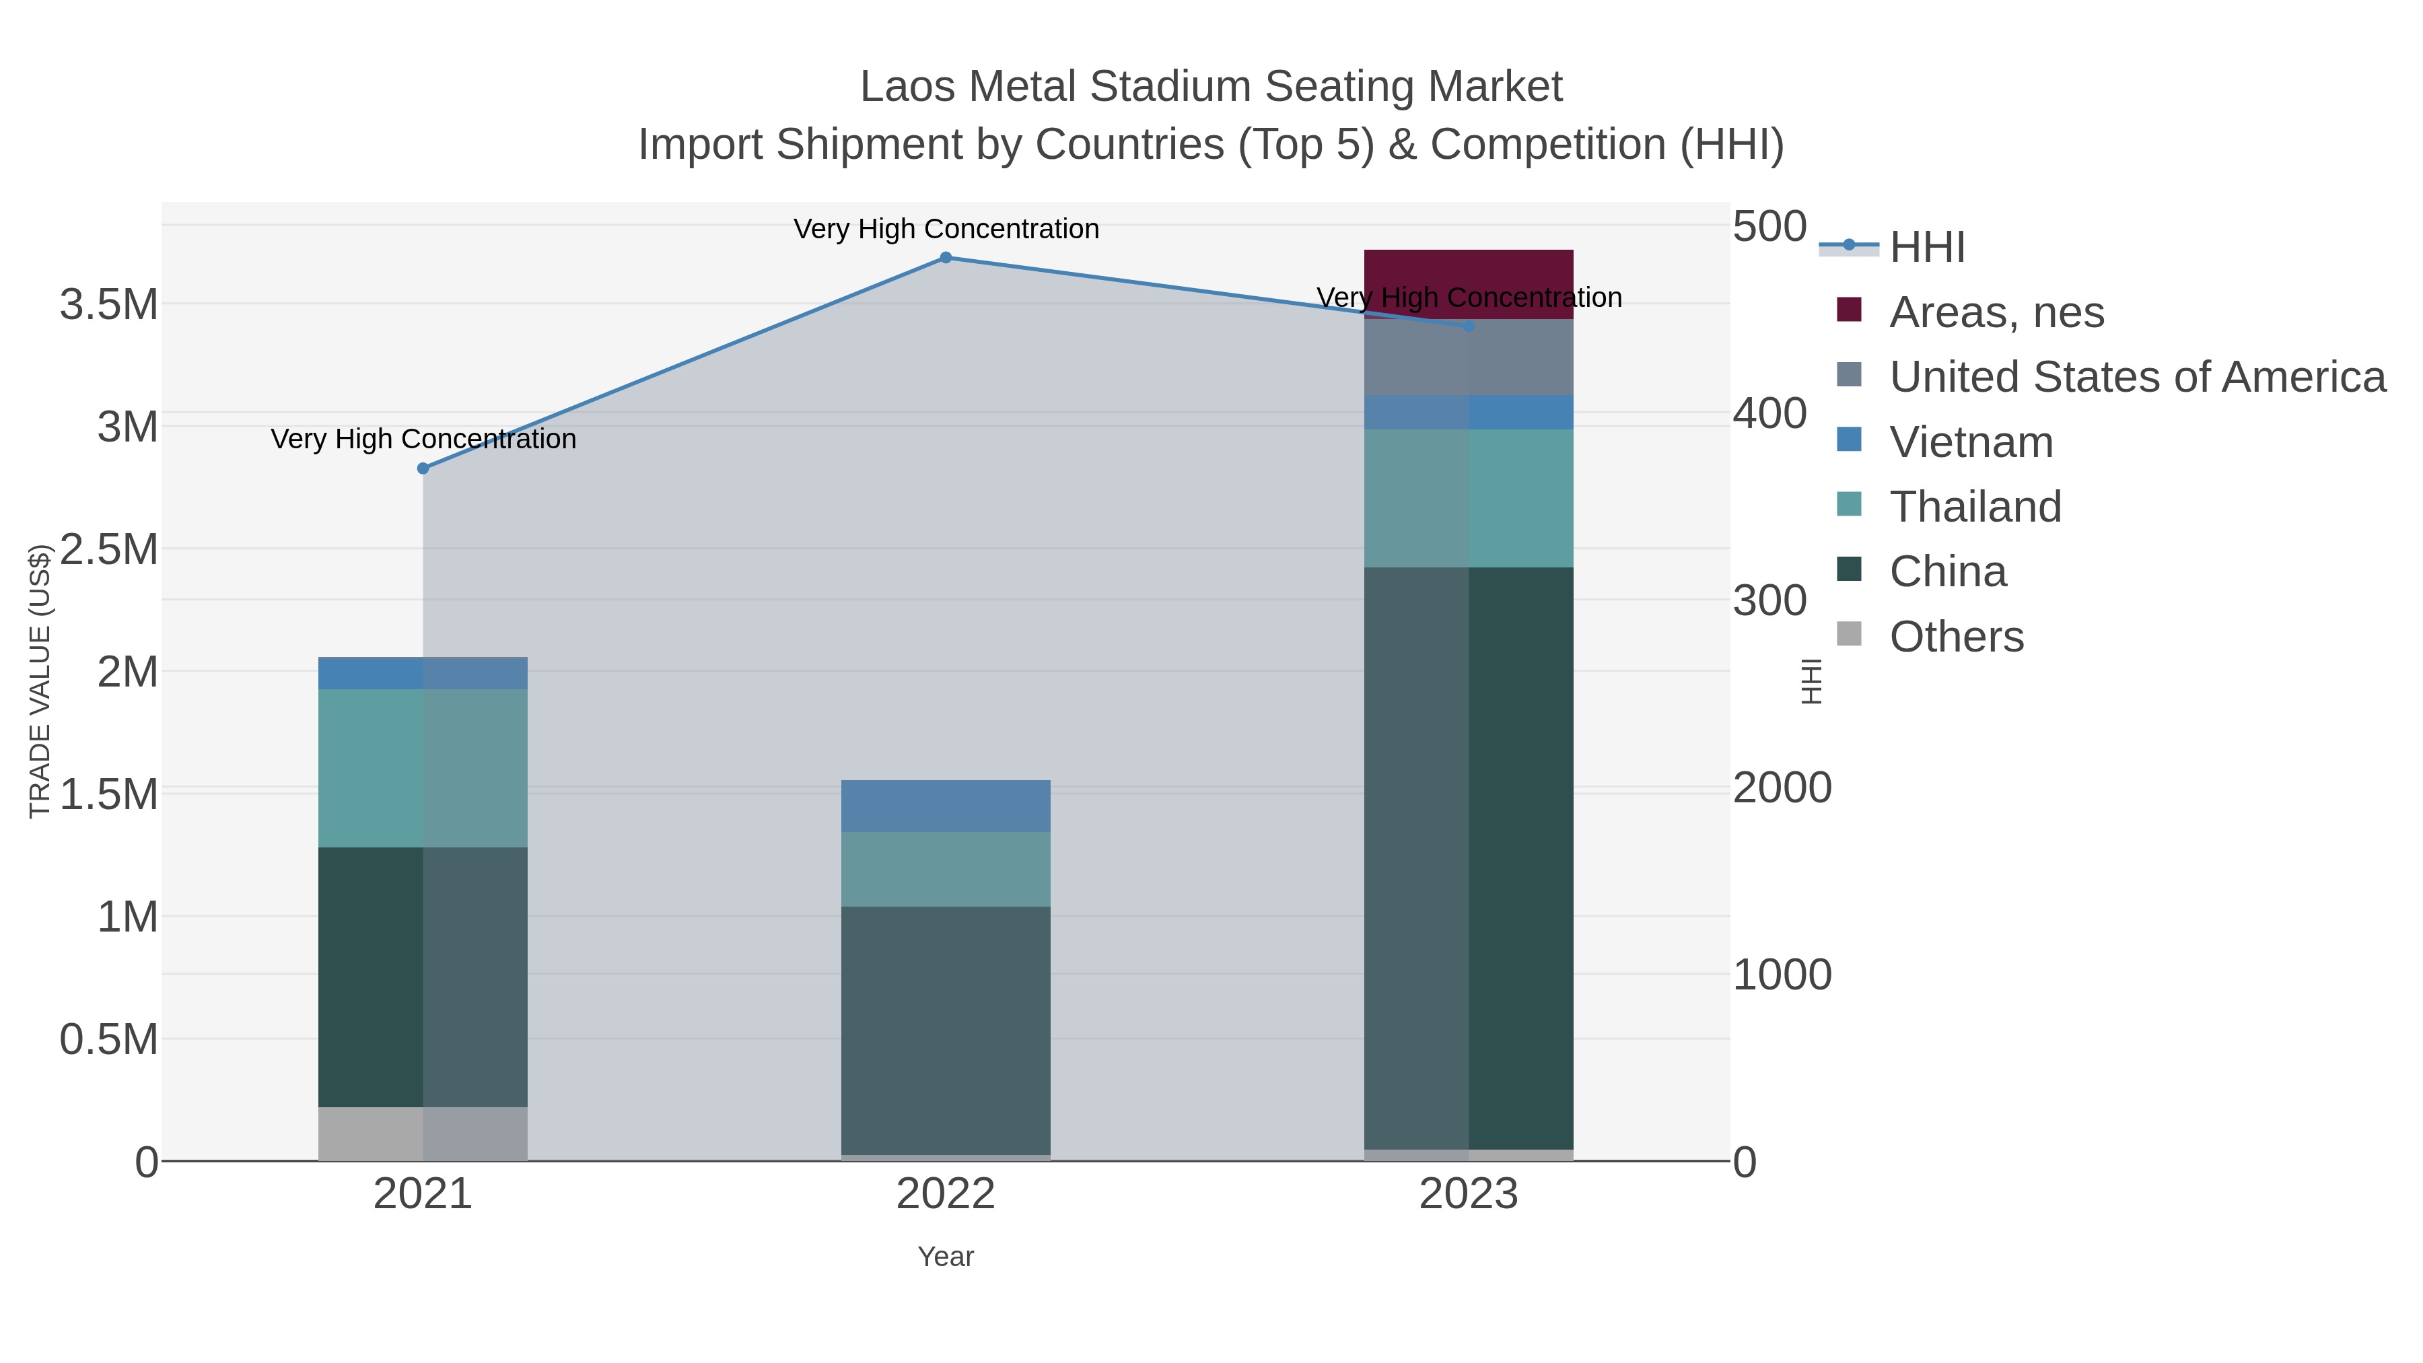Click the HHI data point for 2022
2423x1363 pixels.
tap(946, 258)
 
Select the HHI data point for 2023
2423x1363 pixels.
tap(1469, 326)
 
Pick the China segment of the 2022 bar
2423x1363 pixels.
tap(946, 1030)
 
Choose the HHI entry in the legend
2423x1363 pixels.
tap(1926, 248)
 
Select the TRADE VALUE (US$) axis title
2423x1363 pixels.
tap(40, 681)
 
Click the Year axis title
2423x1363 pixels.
tap(946, 1257)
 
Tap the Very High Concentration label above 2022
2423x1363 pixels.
tap(946, 230)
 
